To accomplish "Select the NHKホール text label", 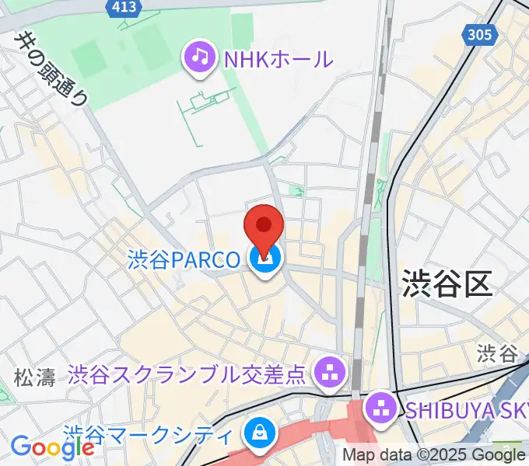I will click(x=277, y=58).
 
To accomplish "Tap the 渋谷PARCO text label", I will click(x=184, y=259).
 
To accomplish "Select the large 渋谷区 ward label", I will click(x=447, y=284).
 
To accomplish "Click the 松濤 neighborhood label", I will click(x=35, y=378).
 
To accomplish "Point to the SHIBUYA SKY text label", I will click(x=465, y=406).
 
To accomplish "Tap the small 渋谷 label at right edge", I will click(x=498, y=354).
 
